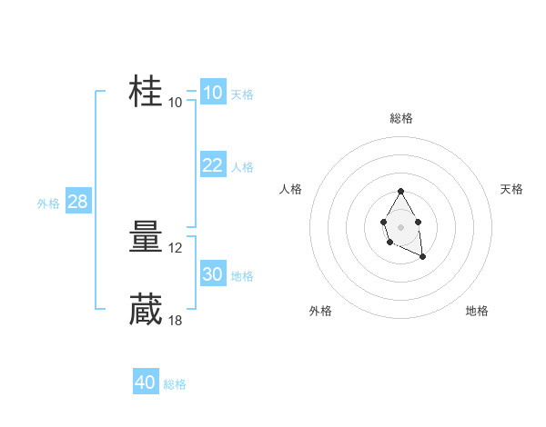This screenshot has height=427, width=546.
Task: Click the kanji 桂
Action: click(x=146, y=92)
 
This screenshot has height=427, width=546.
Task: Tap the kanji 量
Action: click(x=146, y=239)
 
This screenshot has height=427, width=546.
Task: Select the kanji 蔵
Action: click(x=146, y=310)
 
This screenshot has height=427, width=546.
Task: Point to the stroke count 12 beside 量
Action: click(x=177, y=248)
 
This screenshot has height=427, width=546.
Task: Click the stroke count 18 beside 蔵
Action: click(x=177, y=320)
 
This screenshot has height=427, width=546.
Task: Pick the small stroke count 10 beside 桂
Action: click(x=176, y=102)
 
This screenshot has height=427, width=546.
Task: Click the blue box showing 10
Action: click(x=212, y=93)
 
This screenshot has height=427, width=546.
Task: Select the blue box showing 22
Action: click(x=212, y=164)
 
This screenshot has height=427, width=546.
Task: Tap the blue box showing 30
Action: click(x=212, y=274)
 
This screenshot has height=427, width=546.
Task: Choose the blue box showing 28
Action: click(x=77, y=202)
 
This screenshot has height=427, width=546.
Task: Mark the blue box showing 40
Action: click(x=145, y=382)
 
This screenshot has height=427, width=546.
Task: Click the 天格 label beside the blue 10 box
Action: click(x=242, y=94)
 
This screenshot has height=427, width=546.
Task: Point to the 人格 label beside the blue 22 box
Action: click(x=242, y=167)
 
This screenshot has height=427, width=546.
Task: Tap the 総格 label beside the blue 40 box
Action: click(x=175, y=384)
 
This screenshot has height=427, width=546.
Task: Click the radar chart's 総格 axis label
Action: click(x=401, y=118)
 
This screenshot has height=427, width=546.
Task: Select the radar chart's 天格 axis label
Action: click(x=512, y=189)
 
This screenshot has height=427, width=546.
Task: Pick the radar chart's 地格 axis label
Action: click(x=477, y=311)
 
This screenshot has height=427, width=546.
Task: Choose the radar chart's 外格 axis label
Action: click(x=320, y=311)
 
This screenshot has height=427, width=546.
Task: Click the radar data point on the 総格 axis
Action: click(x=400, y=191)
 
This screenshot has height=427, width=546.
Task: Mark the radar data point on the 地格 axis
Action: click(x=422, y=258)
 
